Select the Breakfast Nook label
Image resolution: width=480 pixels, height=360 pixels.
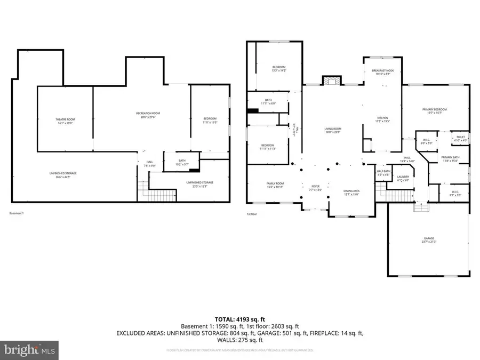(x=382, y=71)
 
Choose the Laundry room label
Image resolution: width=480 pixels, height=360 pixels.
(x=403, y=178)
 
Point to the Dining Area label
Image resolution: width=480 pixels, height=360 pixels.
(x=350, y=191)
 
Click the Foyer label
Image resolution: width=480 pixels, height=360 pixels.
(x=315, y=188)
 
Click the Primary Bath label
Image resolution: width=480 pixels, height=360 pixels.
(x=450, y=158)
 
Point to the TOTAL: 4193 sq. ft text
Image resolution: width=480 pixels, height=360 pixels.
(x=239, y=318)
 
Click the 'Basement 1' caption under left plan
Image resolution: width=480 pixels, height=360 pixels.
(x=17, y=213)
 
